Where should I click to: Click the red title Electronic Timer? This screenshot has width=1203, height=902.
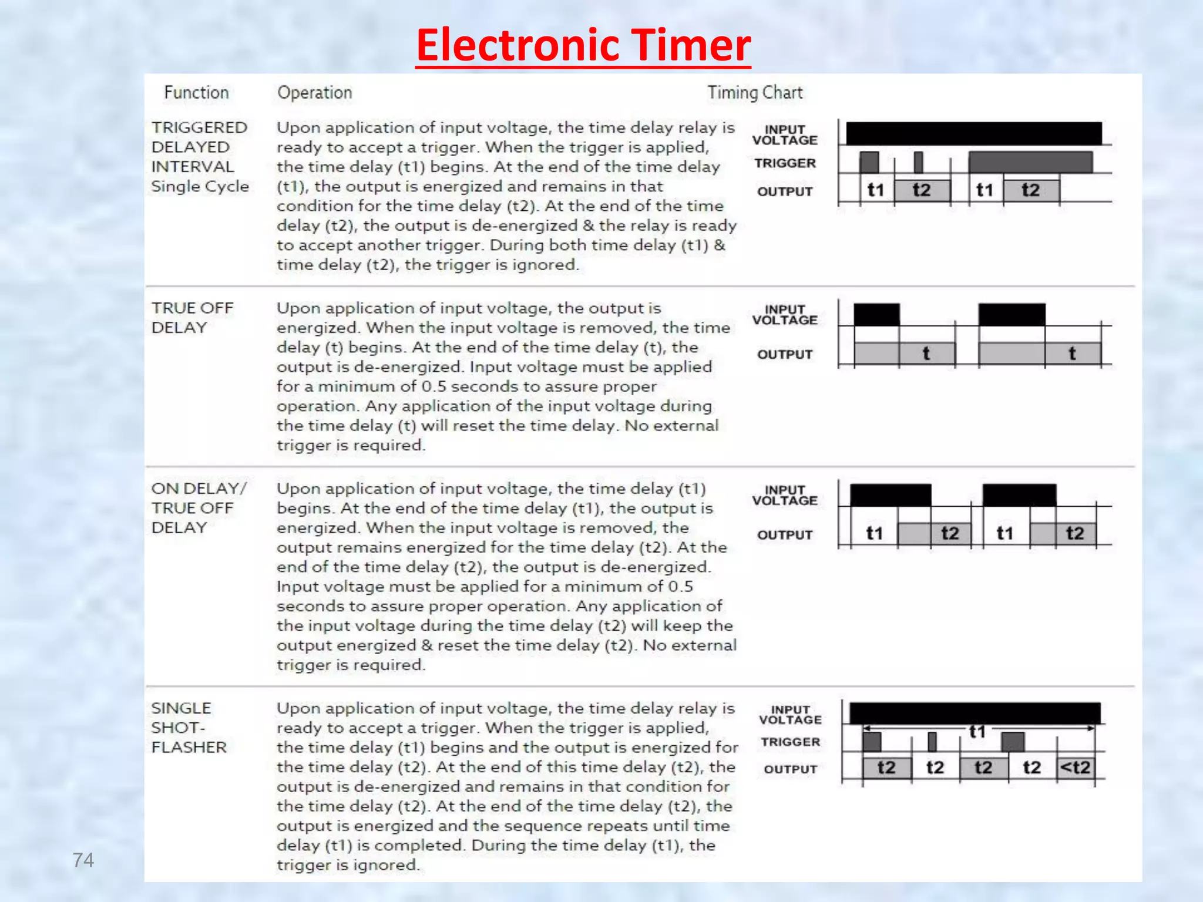click(583, 45)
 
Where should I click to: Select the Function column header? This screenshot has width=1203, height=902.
click(196, 93)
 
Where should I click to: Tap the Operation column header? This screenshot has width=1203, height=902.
click(315, 93)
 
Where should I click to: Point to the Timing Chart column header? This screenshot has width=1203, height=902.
click(755, 93)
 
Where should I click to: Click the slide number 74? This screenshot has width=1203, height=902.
click(83, 860)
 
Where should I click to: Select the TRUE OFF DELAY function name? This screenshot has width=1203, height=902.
click(192, 318)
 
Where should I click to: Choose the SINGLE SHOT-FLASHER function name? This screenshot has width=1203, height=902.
click(189, 728)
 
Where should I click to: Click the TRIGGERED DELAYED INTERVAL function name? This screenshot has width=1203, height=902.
click(199, 147)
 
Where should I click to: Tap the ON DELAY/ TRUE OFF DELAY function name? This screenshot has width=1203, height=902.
click(199, 508)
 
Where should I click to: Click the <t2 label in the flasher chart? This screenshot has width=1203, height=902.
click(1075, 768)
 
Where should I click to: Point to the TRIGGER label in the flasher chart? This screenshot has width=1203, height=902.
click(790, 742)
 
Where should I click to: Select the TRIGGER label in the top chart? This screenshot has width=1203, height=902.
click(785, 163)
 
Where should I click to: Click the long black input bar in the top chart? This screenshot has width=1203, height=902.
click(973, 133)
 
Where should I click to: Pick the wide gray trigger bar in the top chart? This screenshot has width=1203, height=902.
click(1030, 162)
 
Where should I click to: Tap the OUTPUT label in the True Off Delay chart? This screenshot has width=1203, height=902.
click(785, 355)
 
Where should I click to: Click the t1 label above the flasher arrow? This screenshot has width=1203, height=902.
click(977, 732)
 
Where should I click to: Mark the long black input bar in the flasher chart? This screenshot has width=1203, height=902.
click(975, 713)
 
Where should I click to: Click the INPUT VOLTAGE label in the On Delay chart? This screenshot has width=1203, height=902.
click(785, 495)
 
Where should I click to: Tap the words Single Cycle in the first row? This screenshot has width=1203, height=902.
click(200, 187)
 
